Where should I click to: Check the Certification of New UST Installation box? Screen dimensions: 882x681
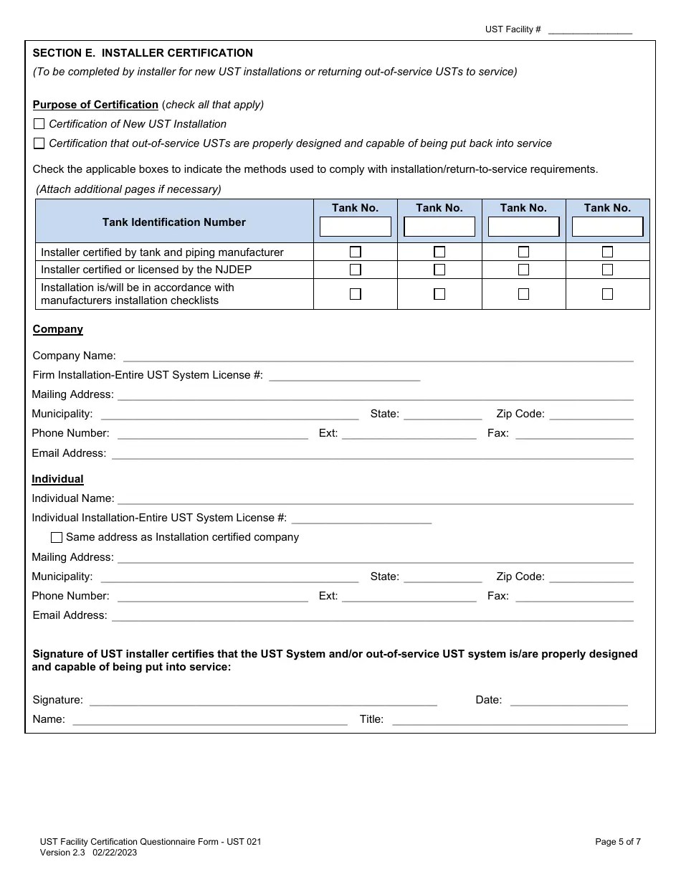coord(39,124)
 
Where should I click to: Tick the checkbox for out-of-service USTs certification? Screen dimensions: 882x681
coord(39,143)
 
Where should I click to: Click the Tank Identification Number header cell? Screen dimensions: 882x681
coord(174,222)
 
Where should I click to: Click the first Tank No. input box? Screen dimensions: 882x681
coord(355,227)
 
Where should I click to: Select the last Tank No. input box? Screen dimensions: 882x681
coord(607,227)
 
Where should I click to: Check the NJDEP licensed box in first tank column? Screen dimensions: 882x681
coord(355,270)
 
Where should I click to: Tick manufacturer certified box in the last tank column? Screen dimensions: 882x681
coord(607,252)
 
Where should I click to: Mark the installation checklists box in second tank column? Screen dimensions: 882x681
coord(439,294)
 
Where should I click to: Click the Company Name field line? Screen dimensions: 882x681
coord(378,356)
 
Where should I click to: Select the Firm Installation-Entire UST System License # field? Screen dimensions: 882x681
coord(344,375)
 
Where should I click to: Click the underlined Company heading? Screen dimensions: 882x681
coord(58,329)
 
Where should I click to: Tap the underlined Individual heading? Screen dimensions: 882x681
coord(58,479)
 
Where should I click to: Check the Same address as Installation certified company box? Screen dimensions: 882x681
coord(57,537)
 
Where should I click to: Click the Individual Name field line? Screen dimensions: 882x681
coord(375,498)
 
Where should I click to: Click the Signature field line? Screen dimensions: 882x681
coord(262,700)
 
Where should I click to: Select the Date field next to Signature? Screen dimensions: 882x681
coord(568,700)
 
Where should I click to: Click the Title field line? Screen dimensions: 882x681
coord(510,719)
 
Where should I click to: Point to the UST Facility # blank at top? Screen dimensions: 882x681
coord(589,29)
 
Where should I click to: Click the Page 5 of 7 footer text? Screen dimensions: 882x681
coord(618,842)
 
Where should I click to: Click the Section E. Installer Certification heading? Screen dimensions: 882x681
coord(143,53)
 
